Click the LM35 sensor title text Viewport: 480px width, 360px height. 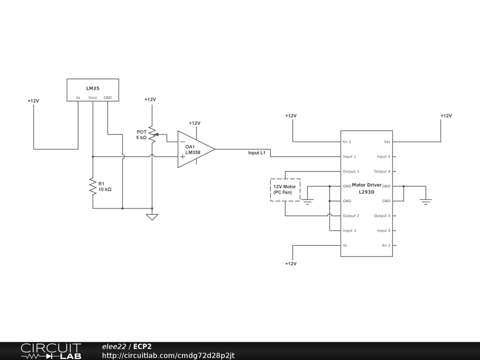[x=92, y=88]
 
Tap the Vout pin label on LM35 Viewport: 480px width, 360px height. [x=93, y=97]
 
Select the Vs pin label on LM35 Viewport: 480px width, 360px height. [x=78, y=97]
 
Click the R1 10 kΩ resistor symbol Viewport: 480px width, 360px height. [x=93, y=186]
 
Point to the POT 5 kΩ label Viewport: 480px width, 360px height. [x=142, y=135]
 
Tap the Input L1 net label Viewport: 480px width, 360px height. [x=257, y=153]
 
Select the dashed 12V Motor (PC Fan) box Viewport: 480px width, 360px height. [x=285, y=190]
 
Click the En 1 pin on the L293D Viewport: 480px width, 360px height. [x=347, y=142]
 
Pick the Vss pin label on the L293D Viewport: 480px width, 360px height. [x=387, y=142]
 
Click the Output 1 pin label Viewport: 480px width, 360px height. [x=351, y=172]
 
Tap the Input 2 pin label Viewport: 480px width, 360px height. [x=350, y=231]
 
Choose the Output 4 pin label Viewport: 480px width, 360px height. [x=382, y=172]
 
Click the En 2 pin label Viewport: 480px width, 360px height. [x=386, y=245]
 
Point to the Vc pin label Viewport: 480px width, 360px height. [x=345, y=245]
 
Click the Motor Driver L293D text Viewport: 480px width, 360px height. [x=367, y=188]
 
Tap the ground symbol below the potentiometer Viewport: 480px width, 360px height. [x=152, y=217]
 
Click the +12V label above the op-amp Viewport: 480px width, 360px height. [x=195, y=123]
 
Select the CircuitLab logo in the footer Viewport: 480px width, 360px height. [x=51, y=351]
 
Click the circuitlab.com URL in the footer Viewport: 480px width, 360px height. [x=168, y=355]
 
